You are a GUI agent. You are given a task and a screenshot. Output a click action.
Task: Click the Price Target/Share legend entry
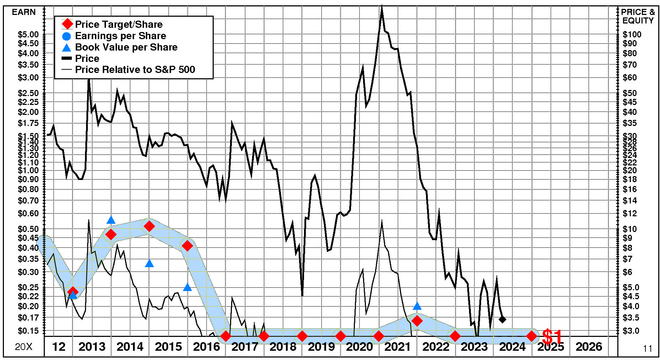pos(118,25)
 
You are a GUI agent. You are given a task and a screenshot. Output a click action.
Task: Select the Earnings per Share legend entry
pos(120,36)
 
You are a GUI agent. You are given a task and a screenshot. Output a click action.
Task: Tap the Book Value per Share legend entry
pos(126,47)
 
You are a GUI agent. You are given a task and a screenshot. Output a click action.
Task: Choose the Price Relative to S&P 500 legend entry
pos(135,70)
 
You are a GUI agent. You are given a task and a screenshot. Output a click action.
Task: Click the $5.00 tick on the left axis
pos(28,35)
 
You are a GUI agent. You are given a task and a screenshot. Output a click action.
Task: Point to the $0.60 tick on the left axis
pos(28,213)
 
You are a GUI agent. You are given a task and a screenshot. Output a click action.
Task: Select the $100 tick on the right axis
pos(632,35)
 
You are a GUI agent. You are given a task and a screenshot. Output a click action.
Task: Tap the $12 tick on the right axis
pos(630,213)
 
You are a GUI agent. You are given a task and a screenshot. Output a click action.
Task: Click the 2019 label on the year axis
pos(321,347)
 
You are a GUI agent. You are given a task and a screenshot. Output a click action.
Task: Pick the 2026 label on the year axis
pos(589,347)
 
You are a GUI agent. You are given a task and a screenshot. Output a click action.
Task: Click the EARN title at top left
pos(24,12)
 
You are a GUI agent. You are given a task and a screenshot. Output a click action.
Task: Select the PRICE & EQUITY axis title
pos(638,16)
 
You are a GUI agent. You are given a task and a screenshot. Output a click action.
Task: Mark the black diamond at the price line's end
pos(502,319)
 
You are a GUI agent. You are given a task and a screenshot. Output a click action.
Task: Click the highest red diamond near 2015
pos(149,226)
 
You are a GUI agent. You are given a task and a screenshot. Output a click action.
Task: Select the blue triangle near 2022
pos(417,306)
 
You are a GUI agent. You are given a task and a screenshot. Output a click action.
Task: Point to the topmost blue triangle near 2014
pos(111,220)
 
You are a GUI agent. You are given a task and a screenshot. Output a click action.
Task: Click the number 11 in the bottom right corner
pos(648,349)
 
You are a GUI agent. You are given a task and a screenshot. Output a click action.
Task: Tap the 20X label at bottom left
pos(23,347)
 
